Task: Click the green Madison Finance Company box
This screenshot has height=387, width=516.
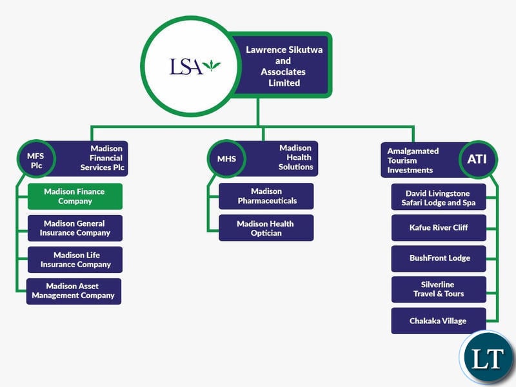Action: pyautogui.click(x=75, y=196)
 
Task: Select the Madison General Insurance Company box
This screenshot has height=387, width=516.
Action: pyautogui.click(x=75, y=228)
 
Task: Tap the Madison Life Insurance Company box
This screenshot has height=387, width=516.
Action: pyautogui.click(x=75, y=260)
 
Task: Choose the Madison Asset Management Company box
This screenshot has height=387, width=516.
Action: pyautogui.click(x=74, y=291)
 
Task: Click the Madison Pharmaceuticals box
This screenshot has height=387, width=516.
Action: pyautogui.click(x=266, y=196)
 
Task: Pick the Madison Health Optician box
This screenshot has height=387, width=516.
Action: pyautogui.click(x=266, y=228)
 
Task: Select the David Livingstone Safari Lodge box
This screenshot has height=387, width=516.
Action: pyautogui.click(x=439, y=196)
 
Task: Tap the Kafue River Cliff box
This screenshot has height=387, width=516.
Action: pyautogui.click(x=439, y=228)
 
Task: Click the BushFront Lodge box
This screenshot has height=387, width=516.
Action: pyautogui.click(x=439, y=259)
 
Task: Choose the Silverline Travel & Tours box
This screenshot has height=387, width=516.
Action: pyautogui.click(x=439, y=289)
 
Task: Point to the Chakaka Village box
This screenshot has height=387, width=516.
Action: pyautogui.click(x=439, y=321)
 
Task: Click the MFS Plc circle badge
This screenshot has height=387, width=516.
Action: pyautogui.click(x=36, y=158)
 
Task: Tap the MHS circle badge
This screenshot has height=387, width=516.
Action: pyautogui.click(x=227, y=158)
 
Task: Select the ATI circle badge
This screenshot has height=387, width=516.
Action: pyautogui.click(x=478, y=159)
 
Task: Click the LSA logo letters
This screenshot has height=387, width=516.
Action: pyautogui.click(x=186, y=67)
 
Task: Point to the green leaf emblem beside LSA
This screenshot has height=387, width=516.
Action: pyautogui.click(x=212, y=65)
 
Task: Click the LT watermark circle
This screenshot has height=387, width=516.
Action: pyautogui.click(x=487, y=358)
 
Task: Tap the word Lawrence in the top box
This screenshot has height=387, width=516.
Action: pyautogui.click(x=265, y=50)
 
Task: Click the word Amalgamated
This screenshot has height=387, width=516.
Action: pyautogui.click(x=413, y=151)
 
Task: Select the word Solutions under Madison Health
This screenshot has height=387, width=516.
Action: pyautogui.click(x=296, y=167)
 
